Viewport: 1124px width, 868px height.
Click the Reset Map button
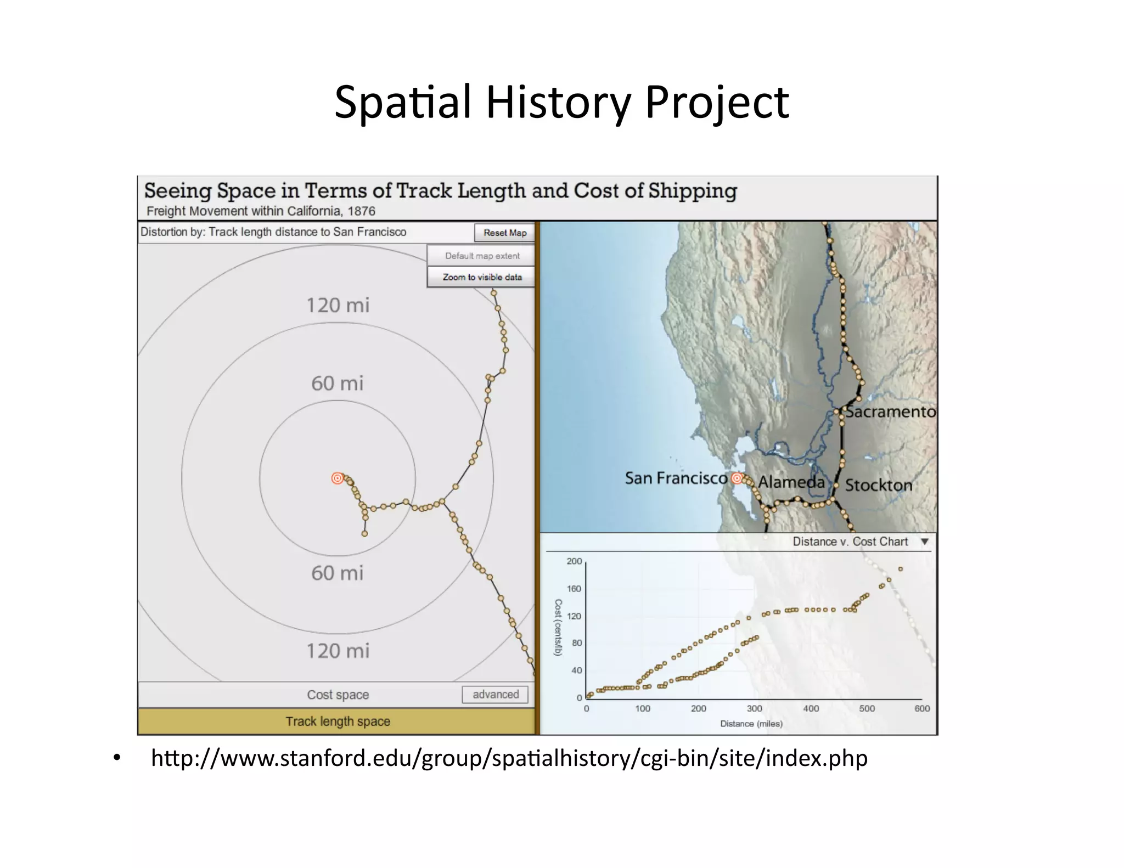(x=504, y=233)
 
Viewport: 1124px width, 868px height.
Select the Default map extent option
(x=481, y=256)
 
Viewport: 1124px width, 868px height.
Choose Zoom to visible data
(x=481, y=277)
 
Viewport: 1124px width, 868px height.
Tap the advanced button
(x=495, y=694)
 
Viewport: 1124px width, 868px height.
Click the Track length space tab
(x=337, y=721)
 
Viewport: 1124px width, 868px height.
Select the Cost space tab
(x=337, y=695)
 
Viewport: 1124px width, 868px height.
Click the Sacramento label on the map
(x=890, y=412)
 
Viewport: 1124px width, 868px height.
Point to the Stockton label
(x=878, y=485)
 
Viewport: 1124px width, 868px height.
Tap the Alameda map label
(x=791, y=482)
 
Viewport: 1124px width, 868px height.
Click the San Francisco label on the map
(x=676, y=478)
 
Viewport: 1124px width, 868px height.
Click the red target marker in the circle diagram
(x=338, y=478)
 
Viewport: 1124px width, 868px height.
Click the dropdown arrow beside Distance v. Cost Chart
(x=925, y=542)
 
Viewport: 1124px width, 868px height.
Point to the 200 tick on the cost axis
(x=574, y=561)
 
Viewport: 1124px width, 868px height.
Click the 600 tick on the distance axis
(x=922, y=708)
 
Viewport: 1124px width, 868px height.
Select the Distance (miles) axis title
(x=751, y=724)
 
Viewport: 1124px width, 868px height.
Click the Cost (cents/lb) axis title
(x=558, y=627)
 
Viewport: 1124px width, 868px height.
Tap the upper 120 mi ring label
(x=338, y=305)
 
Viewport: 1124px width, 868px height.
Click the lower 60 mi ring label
(x=337, y=573)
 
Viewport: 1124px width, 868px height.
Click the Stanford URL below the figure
(x=509, y=758)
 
